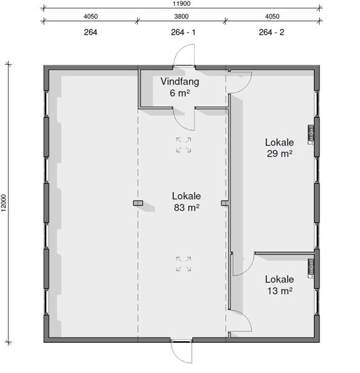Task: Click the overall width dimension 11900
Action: [x=181, y=4]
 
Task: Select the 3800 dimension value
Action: [x=181, y=17]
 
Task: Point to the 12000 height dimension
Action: [x=4, y=203]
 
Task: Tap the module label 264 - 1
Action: [x=183, y=32]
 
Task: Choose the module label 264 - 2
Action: [x=272, y=32]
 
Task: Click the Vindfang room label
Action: [x=180, y=81]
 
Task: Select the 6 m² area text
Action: [x=180, y=93]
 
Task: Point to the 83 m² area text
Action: [x=186, y=208]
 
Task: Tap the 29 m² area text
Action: [x=279, y=153]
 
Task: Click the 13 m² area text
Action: [x=280, y=291]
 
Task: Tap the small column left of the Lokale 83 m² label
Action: [x=138, y=203]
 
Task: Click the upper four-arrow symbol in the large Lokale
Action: [x=183, y=145]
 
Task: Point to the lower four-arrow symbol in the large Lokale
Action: [x=183, y=264]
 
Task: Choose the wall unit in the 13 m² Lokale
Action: [x=311, y=268]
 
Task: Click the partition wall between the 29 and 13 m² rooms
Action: [x=284, y=253]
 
